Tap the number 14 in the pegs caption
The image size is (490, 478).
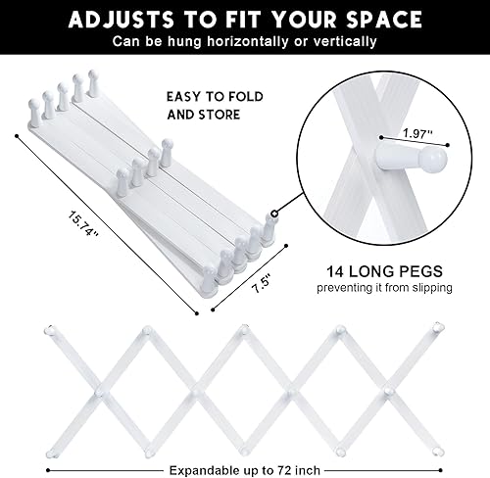(335, 270)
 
